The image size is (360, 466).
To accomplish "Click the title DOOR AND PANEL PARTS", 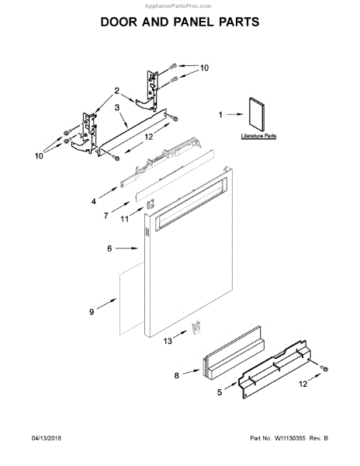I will point(180,22).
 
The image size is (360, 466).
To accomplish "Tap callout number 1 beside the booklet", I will point(220,115).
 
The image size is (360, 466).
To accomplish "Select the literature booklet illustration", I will point(257,115).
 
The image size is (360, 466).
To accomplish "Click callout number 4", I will point(93,201).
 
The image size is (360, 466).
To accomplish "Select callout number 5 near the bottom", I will point(220,393).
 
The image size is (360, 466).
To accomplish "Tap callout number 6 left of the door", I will point(110,249).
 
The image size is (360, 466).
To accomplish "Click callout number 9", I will point(92,311).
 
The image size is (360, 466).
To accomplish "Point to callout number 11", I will point(124,221).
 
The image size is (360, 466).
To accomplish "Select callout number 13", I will point(168,341).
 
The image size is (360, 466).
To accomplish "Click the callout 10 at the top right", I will point(205,68).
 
